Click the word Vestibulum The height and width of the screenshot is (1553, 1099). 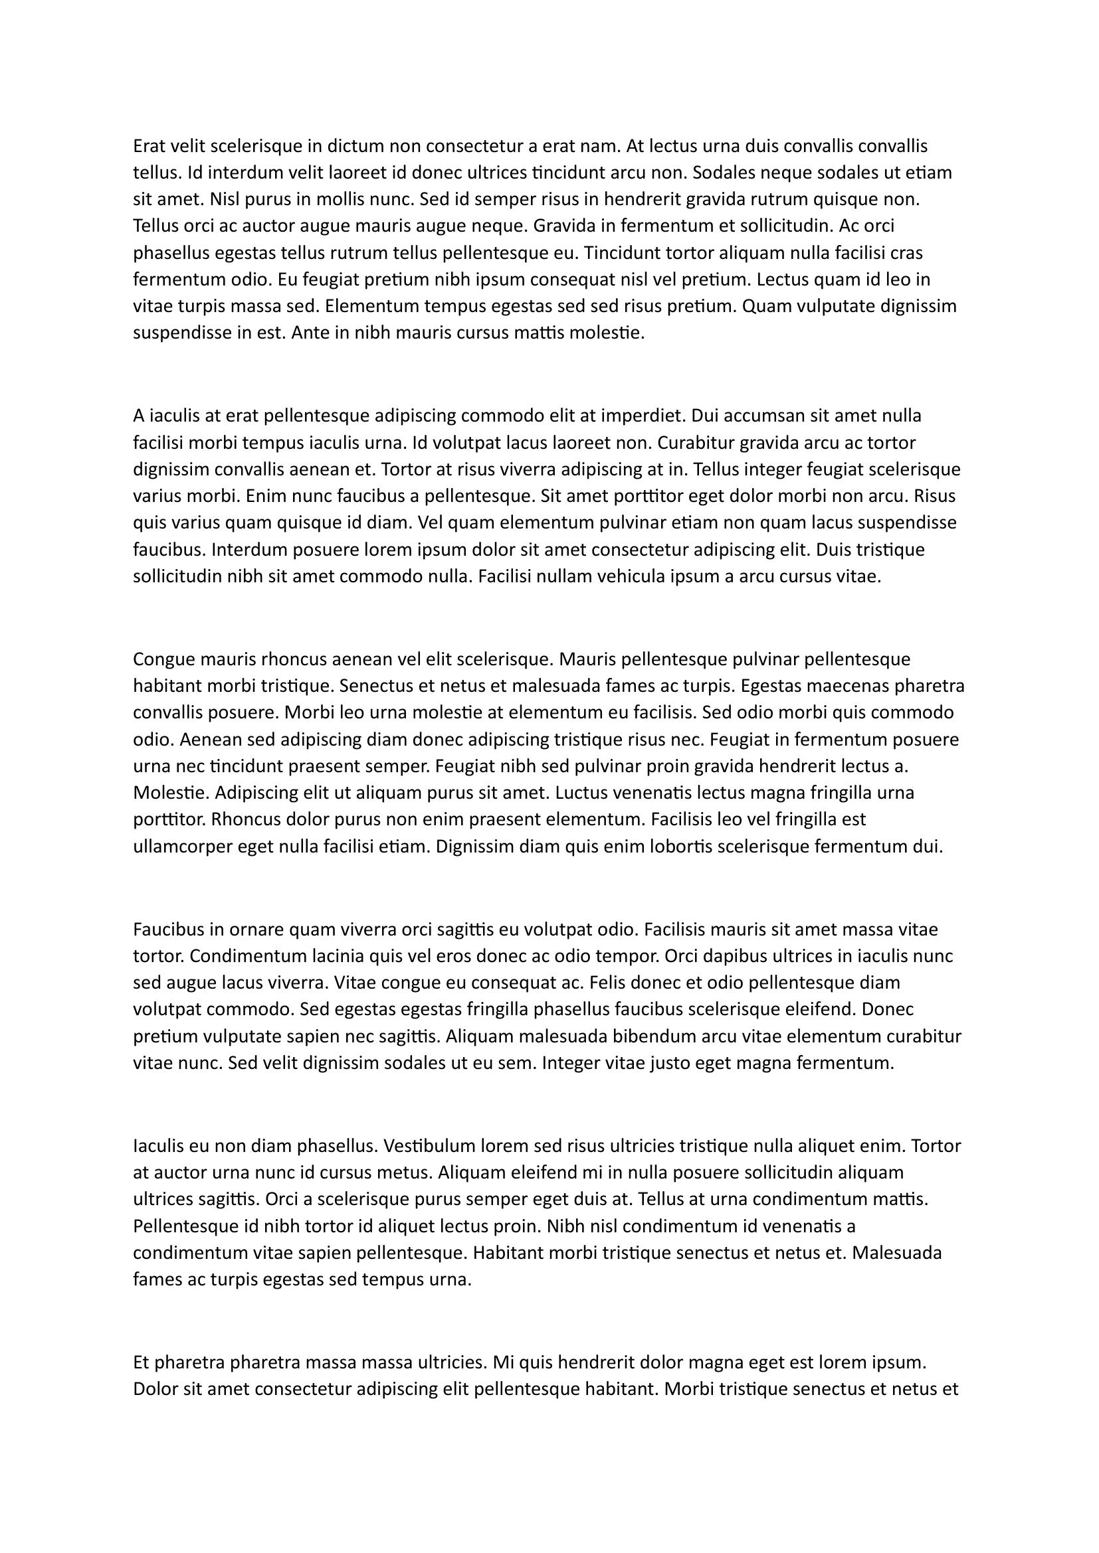click(429, 1146)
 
